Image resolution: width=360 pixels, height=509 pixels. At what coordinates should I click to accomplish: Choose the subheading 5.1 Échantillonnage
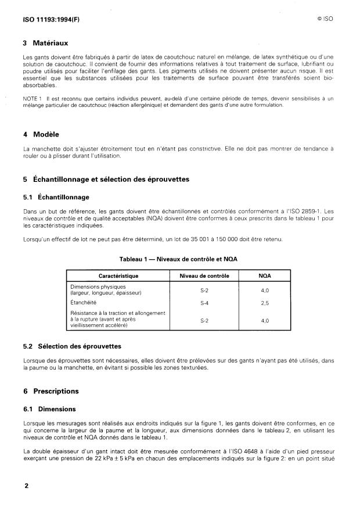56,197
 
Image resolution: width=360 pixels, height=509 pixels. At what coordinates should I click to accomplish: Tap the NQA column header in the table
264,275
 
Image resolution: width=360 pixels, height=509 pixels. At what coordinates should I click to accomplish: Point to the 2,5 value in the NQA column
264,303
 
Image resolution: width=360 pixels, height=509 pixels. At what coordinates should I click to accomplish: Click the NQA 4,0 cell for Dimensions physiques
264,289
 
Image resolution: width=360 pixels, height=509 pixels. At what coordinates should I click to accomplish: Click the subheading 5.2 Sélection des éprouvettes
80,347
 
